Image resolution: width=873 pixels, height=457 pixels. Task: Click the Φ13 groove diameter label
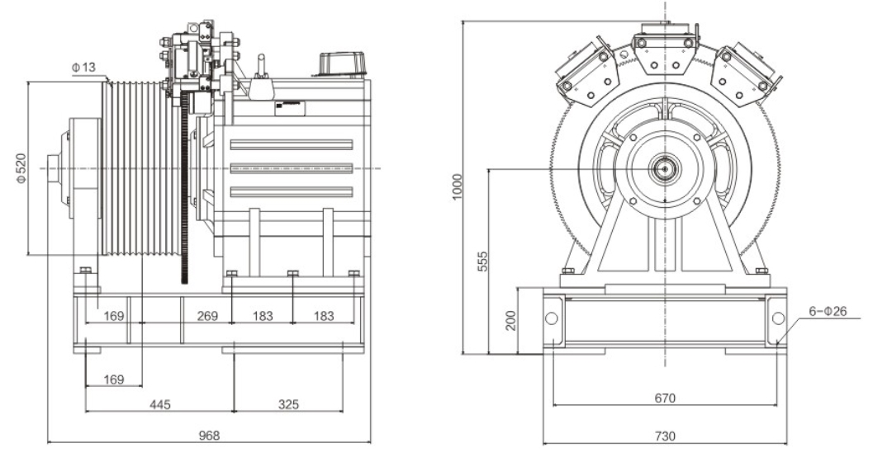coord(83,68)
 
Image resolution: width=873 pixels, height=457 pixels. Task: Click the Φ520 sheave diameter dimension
coord(21,168)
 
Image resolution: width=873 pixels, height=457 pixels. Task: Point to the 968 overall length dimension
coord(209,435)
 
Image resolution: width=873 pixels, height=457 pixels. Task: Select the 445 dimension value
coord(159,404)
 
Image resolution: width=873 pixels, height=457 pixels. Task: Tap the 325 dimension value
coord(288,404)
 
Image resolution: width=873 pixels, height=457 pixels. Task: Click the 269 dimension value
coord(207,316)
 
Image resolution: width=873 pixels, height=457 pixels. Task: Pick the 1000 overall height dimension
coord(457,186)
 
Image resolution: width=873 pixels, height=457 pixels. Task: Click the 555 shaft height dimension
coord(482,261)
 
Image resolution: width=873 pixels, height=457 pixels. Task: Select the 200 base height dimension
coord(511,320)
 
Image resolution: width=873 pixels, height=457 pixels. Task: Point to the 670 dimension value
coord(665,398)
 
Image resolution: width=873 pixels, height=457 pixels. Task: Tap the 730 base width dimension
coord(665,436)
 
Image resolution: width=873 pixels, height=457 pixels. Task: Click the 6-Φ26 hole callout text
coord(828,311)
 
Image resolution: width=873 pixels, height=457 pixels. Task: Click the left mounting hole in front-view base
coord(551,318)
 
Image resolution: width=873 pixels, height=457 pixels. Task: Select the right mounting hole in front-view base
coord(778,318)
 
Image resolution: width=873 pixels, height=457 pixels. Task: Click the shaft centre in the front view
coord(665,168)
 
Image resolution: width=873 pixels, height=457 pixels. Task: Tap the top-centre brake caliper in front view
coord(666,51)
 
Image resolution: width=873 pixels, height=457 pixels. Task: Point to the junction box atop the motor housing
coord(342,64)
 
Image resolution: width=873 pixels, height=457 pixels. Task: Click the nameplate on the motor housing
coord(290,108)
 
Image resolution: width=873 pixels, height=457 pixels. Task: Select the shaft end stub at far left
coord(54,168)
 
